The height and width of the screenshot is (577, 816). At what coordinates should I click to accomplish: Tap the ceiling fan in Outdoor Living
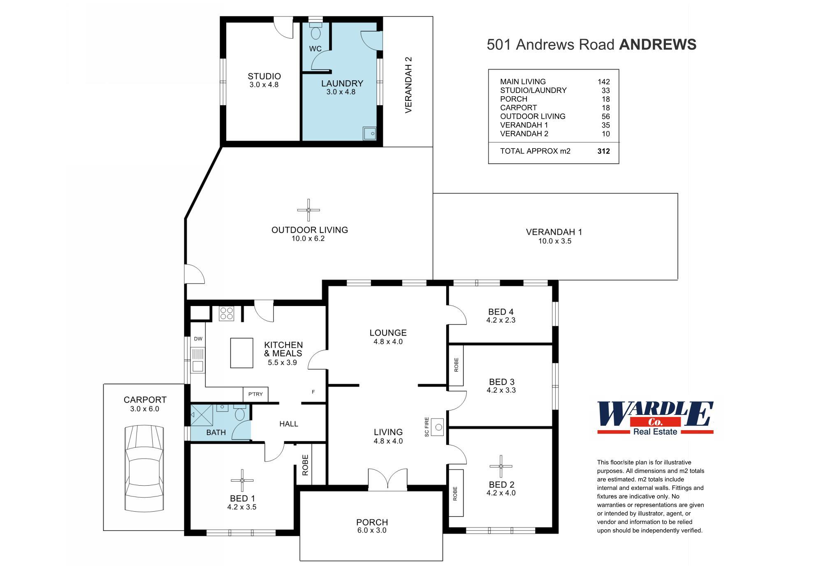click(308, 210)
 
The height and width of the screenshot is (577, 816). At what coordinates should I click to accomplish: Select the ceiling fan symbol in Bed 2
click(501, 466)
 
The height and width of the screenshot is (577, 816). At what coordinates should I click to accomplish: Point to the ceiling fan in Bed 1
click(242, 480)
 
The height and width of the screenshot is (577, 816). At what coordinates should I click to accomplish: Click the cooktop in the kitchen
click(227, 313)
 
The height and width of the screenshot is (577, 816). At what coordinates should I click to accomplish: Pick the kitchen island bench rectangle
click(241, 353)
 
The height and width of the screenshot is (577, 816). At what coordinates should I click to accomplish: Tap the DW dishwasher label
click(198, 339)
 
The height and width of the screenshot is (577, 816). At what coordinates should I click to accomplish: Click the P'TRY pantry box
click(255, 394)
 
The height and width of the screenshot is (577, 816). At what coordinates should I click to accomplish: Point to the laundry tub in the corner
click(369, 133)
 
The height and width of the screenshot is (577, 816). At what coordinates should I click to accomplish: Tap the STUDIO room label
click(264, 76)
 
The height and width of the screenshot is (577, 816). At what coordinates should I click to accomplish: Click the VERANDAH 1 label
click(554, 232)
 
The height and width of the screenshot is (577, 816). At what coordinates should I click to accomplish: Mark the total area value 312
click(603, 151)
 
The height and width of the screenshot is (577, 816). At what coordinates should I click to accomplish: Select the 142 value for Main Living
click(603, 81)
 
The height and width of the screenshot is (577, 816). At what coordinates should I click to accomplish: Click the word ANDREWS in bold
click(658, 44)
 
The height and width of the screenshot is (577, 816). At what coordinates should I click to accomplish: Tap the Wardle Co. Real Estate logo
click(655, 418)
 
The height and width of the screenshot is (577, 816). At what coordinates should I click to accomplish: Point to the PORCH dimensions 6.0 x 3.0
click(372, 531)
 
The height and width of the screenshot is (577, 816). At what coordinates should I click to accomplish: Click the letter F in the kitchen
click(313, 392)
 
